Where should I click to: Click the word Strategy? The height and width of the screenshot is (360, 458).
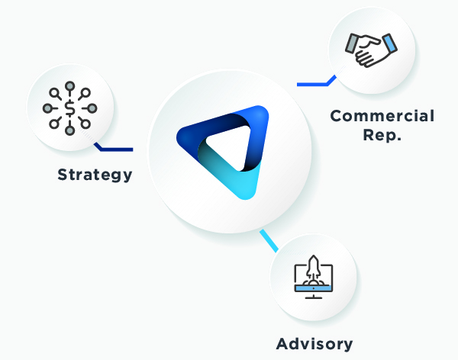pos(95,175)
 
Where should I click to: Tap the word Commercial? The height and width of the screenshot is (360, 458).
pos(382,117)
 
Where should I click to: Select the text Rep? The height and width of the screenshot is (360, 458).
pos(382,138)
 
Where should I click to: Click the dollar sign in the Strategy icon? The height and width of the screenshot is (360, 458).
pos(70,108)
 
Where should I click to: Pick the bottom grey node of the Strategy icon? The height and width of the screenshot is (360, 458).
pos(70,130)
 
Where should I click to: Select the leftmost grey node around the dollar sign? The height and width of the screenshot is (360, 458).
pos(48,108)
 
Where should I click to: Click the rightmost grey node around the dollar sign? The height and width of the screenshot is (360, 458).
pos(92,108)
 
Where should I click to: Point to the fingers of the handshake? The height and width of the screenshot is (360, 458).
pos(373,55)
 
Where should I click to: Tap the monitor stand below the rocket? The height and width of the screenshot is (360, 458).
pos(314,295)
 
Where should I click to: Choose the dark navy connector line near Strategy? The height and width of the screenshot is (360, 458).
pos(114,148)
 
